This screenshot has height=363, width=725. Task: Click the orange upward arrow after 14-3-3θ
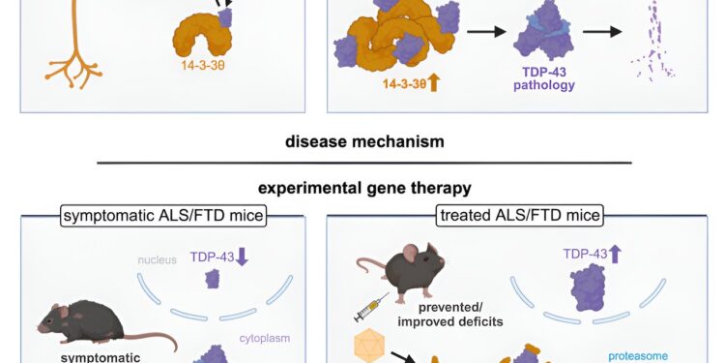pyautogui.click(x=431, y=83)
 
